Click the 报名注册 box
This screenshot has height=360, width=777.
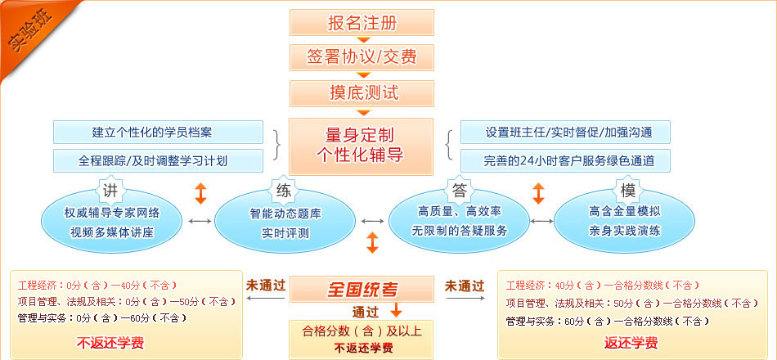(362, 22)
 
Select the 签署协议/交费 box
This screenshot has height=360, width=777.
(362, 57)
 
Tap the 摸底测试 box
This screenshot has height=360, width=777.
(362, 92)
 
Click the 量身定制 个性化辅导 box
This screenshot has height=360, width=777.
(362, 145)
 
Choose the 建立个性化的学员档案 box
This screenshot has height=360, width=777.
(158, 132)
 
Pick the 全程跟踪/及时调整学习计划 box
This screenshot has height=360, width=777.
(158, 160)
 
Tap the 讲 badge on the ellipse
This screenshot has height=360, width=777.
(110, 191)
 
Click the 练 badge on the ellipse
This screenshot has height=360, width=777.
(284, 191)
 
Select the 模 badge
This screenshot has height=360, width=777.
(628, 191)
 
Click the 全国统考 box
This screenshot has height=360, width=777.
(362, 289)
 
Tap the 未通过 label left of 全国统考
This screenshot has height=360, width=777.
(266, 286)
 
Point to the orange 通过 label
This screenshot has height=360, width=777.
(365, 311)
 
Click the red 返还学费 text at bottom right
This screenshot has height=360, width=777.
(631, 342)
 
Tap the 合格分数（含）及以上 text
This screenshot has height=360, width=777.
(362, 331)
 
